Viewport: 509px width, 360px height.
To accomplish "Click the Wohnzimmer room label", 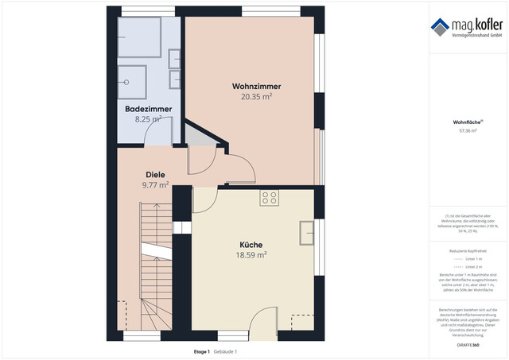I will [256, 86].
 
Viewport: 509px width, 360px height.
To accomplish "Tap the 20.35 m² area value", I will [256, 97].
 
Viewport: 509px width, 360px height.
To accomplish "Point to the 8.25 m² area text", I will [147, 119].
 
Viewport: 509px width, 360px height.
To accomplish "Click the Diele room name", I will [155, 174].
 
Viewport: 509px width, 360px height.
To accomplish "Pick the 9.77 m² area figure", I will [155, 185].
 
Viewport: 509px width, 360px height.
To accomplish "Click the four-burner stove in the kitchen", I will [270, 199].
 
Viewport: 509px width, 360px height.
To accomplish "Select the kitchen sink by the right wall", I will [307, 232].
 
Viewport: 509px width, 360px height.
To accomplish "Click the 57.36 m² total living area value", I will [468, 131].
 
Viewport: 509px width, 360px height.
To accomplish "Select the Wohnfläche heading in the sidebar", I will [467, 122].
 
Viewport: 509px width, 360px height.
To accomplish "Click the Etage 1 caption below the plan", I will [202, 351].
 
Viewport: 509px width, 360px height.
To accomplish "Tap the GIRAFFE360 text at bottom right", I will [468, 346].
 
